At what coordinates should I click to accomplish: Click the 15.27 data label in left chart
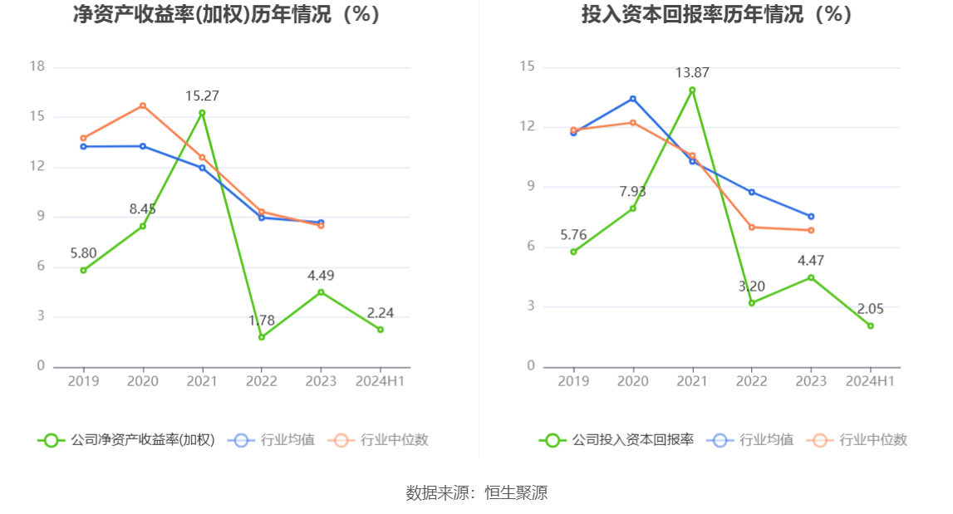pos(202,96)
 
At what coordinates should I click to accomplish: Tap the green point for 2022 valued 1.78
pos(262,337)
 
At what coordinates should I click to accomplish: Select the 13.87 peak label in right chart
pos(692,73)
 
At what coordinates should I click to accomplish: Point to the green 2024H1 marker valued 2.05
pos(871,326)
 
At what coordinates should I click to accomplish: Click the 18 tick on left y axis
pos(37,67)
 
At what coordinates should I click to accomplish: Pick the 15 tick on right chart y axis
pos(527,67)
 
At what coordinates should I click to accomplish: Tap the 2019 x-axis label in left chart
pos(83,381)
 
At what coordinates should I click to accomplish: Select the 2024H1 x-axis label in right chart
pos(870,381)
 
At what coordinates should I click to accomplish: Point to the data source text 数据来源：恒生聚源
pos(477,492)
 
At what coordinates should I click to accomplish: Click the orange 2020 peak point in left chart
pos(143,105)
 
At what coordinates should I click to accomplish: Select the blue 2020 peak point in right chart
pos(633,99)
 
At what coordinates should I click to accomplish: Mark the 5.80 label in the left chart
pos(83,252)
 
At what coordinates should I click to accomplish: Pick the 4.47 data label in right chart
pos(811,261)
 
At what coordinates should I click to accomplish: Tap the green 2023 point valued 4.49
pos(321,291)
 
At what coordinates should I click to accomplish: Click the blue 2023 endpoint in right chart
pos(811,217)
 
